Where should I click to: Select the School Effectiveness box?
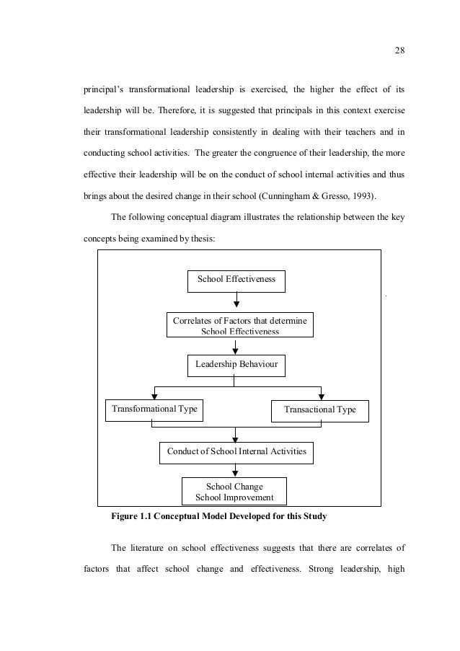coord(236,280)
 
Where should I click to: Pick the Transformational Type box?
coord(154,409)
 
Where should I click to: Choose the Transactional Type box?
coord(320,410)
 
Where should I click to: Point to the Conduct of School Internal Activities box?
coord(236,452)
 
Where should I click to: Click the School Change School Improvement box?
coord(234,492)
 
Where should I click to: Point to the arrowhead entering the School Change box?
coord(236,474)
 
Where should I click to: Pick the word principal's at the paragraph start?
coord(103,90)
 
